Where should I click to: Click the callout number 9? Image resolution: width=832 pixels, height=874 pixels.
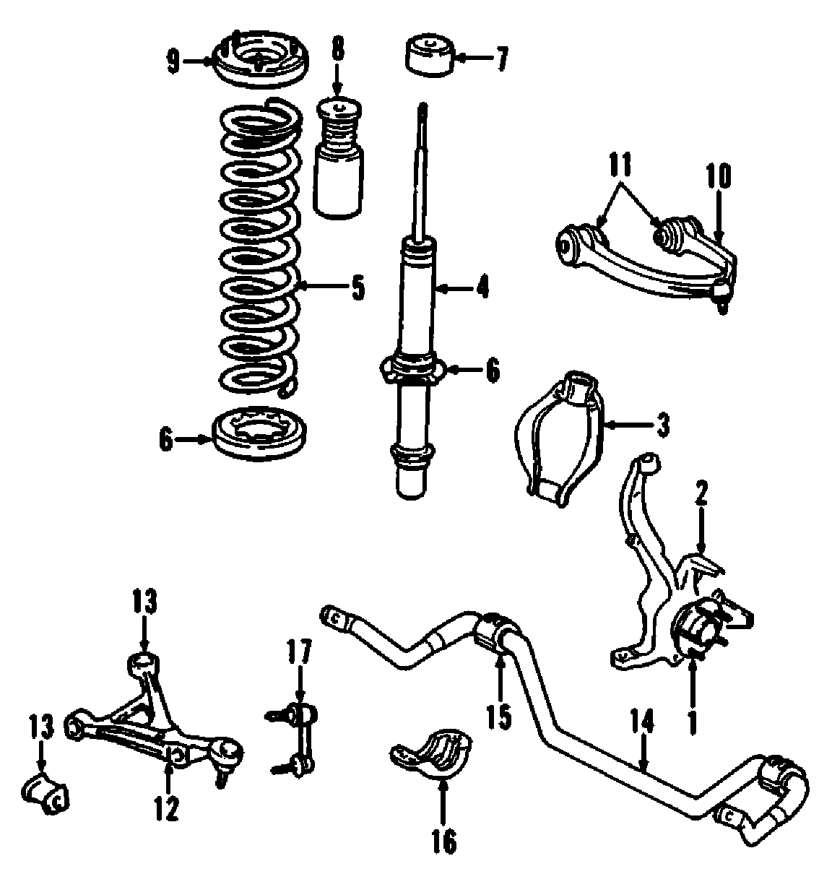(x=172, y=62)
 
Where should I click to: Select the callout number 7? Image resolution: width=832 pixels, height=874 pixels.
(x=501, y=57)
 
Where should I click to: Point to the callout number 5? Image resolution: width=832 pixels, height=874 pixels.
(x=357, y=289)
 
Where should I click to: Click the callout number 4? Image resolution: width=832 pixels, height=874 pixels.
(x=482, y=289)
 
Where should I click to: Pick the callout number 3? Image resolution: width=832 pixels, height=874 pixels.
(x=662, y=425)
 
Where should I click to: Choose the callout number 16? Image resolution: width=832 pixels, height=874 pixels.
(x=446, y=840)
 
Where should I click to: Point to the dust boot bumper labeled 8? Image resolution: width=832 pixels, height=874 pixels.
(x=340, y=163)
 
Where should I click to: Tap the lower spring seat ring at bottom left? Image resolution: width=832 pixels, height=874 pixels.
(x=261, y=436)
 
